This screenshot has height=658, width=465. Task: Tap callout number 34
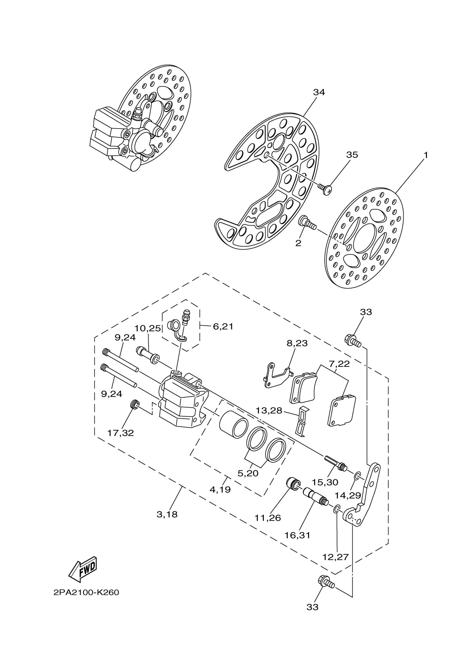[319, 92]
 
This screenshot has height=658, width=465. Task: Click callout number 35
[352, 155]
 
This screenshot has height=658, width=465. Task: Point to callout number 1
[426, 155]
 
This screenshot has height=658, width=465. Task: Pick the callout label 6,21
[223, 326]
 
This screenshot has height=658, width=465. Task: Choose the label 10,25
[147, 328]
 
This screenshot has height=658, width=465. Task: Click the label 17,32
[121, 433]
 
